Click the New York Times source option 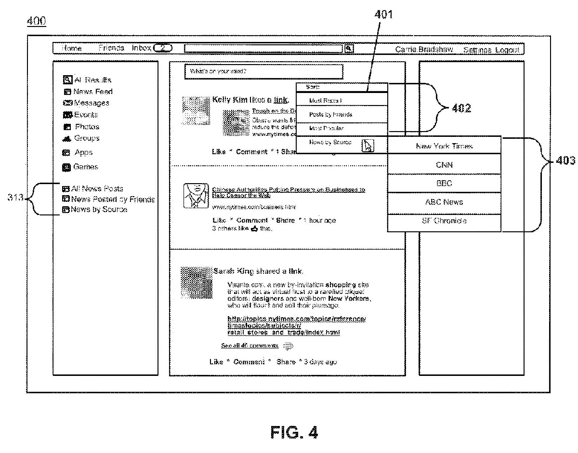point(444,146)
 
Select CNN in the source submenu point(444,165)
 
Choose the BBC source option point(444,184)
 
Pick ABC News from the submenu point(444,202)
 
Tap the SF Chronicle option point(444,221)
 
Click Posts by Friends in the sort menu point(330,115)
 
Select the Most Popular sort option point(327,129)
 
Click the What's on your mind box point(263,72)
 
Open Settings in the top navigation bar point(477,50)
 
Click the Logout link point(507,50)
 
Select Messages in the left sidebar point(86,103)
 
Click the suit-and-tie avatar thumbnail point(195,196)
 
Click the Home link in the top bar point(72,49)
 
